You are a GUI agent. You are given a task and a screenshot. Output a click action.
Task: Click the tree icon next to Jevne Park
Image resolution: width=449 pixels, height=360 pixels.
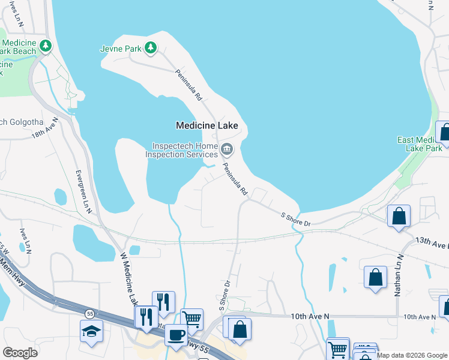point(151,47)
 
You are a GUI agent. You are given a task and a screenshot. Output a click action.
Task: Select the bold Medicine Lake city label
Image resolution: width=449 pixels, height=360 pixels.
point(206,125)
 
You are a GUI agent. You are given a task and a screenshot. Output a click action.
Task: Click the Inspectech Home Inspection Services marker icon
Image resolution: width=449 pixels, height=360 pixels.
point(227,149)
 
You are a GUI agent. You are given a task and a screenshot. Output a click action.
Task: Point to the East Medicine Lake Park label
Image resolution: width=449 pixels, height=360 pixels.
point(420,144)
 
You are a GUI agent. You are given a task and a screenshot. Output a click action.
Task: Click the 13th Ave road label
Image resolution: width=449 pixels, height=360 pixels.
point(431,242)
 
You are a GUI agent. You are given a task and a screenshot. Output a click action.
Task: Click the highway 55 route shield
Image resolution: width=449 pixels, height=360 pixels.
point(89,313)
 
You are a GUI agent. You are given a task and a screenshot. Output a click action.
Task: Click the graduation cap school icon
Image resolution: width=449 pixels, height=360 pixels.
point(91,331)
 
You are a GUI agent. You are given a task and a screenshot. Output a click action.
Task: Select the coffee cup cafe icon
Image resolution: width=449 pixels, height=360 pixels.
point(176,335)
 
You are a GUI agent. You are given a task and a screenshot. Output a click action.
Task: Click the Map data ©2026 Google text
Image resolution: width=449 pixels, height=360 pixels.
point(412,355)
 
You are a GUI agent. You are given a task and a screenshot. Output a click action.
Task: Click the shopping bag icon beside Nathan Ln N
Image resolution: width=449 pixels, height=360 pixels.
point(375,277)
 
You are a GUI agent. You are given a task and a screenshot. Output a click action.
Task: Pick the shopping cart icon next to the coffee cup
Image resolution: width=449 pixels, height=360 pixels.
point(192,319)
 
